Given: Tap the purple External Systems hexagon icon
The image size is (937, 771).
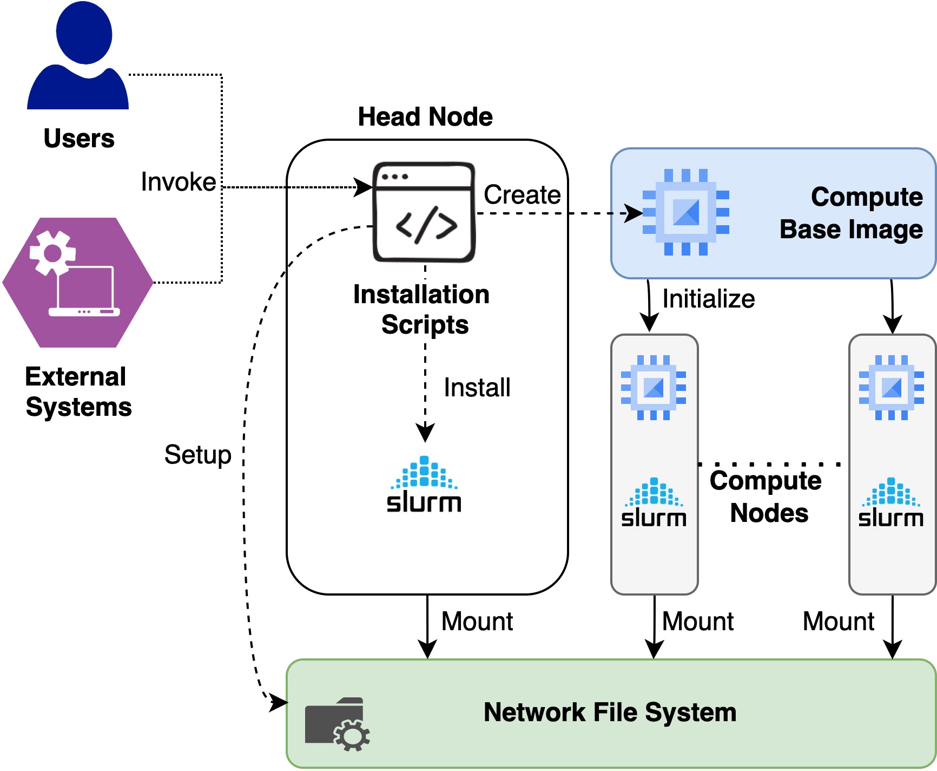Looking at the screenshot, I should [78, 282].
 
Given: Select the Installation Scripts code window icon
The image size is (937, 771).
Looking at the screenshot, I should [425, 212].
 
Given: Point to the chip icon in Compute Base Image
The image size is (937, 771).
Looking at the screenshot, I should [685, 212].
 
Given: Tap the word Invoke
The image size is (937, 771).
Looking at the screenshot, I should [179, 182].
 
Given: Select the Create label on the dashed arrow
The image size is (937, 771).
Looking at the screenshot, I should [522, 195].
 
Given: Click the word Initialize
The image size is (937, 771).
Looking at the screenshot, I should [709, 299].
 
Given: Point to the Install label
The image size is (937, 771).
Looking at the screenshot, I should [477, 388].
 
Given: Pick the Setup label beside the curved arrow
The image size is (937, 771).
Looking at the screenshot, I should [198, 455].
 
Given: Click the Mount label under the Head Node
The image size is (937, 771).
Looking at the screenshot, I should [477, 622].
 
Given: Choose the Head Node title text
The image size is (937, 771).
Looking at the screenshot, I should [425, 117].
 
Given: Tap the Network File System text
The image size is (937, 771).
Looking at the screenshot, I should [610, 713].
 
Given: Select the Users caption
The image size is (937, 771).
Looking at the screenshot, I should [79, 139].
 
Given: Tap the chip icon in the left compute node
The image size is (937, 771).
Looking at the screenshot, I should [654, 388].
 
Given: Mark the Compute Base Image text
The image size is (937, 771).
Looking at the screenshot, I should [851, 213].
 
